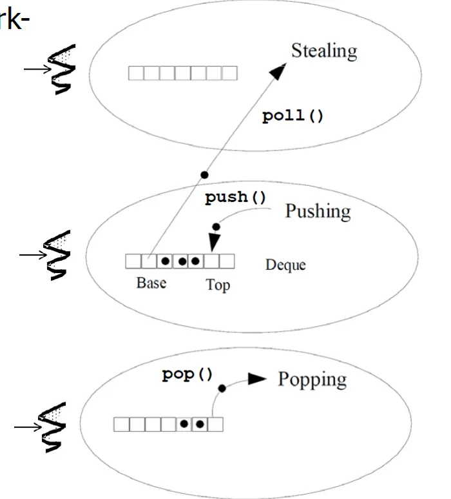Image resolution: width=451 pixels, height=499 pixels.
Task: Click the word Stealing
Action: pos(323,51)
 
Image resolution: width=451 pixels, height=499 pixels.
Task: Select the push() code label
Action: pos(235,198)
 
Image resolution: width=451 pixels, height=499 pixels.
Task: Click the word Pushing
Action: pos(318,211)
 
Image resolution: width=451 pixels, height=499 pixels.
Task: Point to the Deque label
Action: pos(285,265)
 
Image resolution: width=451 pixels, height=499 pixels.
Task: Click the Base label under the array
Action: pos(151,283)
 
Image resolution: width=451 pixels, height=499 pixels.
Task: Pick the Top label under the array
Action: pos(218,285)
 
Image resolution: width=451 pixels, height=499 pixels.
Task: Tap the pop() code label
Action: pos(187,374)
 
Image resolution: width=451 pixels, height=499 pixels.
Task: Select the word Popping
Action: pos(312,378)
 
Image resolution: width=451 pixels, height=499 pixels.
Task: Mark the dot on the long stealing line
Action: pos(204,174)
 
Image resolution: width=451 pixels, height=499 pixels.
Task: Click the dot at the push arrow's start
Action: pos(216,227)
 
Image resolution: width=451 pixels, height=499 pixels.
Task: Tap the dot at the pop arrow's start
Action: pos(222,388)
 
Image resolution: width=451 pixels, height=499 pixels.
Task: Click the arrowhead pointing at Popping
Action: pos(258,379)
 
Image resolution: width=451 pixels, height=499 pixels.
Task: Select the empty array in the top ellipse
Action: pos(182,73)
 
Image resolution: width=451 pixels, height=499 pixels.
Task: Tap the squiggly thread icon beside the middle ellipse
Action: pos(62,256)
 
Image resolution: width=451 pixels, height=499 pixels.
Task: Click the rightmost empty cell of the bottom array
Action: pos(215,424)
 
